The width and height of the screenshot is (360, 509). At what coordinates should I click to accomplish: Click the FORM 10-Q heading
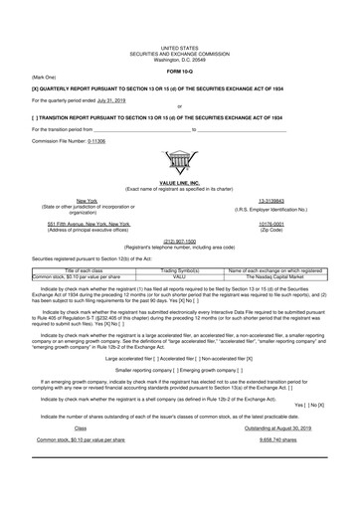click(x=179, y=73)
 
